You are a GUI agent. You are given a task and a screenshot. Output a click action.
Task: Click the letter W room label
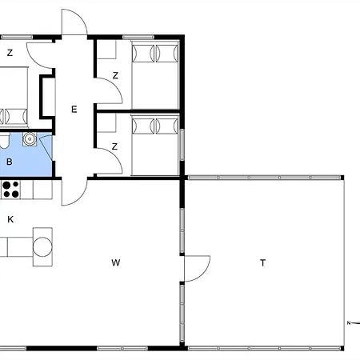tap(116, 262)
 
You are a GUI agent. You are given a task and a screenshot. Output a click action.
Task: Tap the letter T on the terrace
tap(263, 263)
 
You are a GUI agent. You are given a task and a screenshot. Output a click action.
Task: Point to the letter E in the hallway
tap(74, 110)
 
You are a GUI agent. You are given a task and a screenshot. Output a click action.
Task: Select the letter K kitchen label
tap(10, 219)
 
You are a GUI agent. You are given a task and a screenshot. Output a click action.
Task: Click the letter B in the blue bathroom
tap(10, 162)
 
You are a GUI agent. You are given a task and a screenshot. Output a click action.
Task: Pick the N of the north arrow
tap(349, 323)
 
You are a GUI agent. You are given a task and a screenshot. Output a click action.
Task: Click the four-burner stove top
tap(10, 190)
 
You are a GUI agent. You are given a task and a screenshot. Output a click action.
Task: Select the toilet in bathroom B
tap(4, 141)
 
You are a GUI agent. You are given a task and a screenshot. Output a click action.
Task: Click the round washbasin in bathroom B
tap(30, 139)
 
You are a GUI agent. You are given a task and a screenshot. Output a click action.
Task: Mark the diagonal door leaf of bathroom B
tap(47, 148)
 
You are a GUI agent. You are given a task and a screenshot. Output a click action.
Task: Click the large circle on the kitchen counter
tap(42, 247)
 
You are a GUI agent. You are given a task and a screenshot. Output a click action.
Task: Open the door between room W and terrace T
tap(198, 269)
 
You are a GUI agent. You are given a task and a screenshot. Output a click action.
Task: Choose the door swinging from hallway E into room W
tap(74, 192)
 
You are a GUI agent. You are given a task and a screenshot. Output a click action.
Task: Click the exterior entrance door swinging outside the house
tap(74, 22)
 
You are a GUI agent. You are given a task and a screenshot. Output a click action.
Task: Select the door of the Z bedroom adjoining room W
tap(109, 161)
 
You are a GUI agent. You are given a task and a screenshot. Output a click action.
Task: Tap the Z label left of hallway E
tap(10, 53)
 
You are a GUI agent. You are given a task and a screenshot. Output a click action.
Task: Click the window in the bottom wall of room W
tap(122, 348)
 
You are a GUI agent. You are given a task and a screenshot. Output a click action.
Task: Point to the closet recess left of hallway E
tap(47, 97)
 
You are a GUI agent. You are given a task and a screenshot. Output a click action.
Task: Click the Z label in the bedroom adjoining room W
tap(114, 146)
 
